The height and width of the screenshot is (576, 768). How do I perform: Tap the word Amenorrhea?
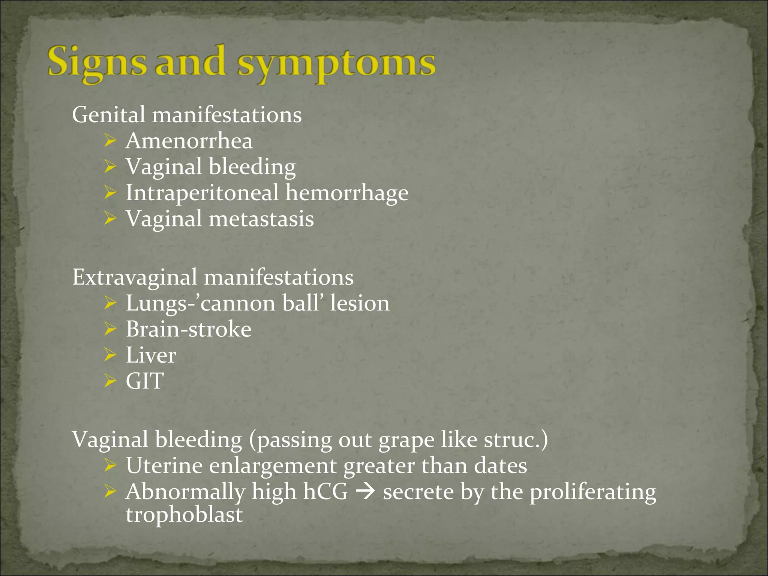(189, 141)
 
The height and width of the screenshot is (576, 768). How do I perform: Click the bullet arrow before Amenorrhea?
(110, 141)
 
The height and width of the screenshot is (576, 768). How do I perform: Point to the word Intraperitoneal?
(202, 193)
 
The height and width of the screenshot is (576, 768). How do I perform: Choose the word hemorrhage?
(347, 193)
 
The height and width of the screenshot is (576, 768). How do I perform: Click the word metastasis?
(261, 219)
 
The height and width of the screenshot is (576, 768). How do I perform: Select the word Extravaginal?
(134, 277)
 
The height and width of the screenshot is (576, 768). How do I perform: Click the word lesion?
(360, 303)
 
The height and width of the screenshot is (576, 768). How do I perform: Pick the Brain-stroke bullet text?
(188, 329)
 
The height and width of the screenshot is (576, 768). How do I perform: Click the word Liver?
(151, 355)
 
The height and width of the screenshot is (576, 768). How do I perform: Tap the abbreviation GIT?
(145, 381)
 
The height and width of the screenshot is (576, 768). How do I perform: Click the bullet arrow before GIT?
(110, 381)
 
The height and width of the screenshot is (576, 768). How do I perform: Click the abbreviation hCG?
(325, 492)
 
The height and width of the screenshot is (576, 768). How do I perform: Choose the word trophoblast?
(184, 515)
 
